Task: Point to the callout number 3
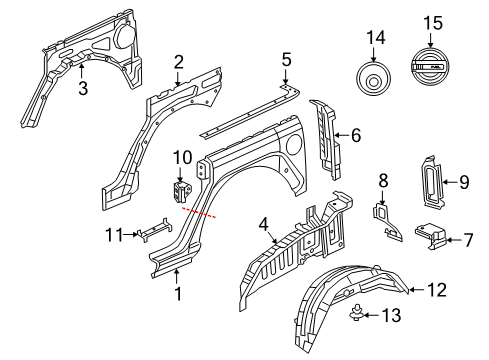coord(84,89)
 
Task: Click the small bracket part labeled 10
coord(181,191)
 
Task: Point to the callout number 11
coord(113,234)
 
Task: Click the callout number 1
coord(177,294)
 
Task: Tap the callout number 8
coord(381,181)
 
